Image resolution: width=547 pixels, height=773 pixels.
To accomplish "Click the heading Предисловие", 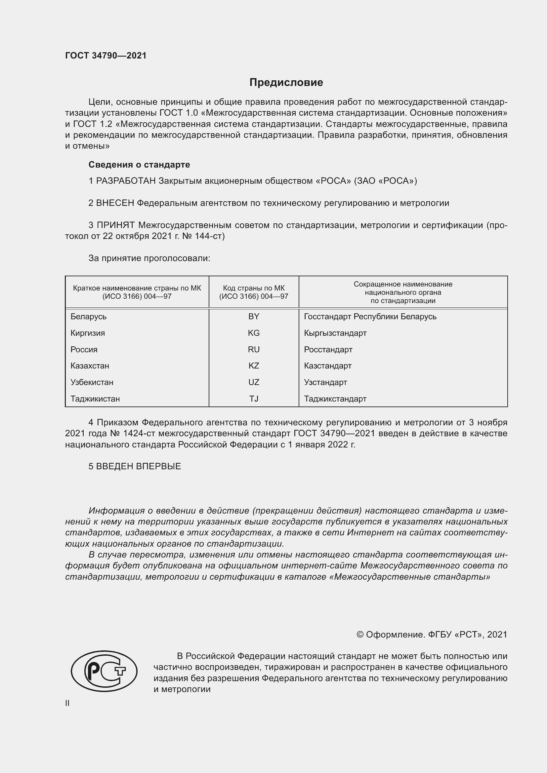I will (286, 83).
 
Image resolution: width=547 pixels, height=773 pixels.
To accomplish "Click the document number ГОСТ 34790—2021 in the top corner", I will (106, 56).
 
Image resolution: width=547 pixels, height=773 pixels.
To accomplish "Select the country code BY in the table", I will (254, 317).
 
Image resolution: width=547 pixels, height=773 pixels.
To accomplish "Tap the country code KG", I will (254, 333).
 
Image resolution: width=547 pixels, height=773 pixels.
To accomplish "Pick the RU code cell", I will (254, 349).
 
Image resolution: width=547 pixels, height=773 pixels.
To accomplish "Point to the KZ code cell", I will (254, 366).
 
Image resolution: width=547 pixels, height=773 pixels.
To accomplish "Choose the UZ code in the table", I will (254, 382).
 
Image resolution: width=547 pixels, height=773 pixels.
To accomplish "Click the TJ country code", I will (254, 399).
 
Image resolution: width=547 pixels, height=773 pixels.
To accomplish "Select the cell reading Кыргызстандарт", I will (335, 333).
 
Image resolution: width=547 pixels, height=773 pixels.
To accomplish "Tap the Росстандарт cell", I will (328, 349).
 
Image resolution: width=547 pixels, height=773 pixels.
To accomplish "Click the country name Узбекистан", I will (92, 382).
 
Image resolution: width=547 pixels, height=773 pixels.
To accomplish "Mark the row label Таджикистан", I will (95, 399).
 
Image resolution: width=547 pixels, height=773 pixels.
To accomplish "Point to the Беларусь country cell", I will (88, 317).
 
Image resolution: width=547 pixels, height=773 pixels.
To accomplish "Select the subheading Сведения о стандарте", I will (139, 165).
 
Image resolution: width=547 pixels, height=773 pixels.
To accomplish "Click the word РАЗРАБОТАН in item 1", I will (126, 181).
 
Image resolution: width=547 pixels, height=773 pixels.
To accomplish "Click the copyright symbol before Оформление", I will (360, 635).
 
